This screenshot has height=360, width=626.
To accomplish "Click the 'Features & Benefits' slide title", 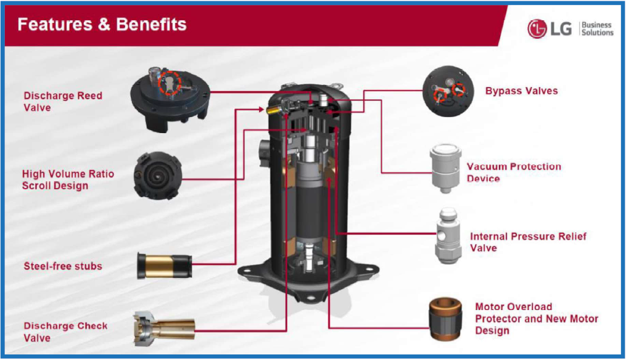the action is point(102,24).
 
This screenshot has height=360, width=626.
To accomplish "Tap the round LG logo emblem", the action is point(537,29).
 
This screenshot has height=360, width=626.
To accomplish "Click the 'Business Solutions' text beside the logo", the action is point(597,29).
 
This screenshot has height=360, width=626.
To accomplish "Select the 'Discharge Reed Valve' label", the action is point(63,101).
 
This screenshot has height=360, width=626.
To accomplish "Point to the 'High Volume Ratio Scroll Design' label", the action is point(68,179).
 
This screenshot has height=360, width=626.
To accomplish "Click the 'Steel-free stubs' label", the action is point(63,266).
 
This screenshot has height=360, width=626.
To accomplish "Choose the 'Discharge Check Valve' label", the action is point(65,332).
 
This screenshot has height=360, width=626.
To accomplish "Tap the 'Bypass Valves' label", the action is point(521,91).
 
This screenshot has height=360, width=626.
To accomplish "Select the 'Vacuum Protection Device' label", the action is point(514,173).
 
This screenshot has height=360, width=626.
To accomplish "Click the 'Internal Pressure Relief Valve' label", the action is point(528,242).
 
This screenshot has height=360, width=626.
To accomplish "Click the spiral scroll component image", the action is point(158,176).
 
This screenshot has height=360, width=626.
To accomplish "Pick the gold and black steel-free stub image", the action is point(165,266).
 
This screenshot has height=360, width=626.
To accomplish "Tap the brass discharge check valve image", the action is point(163,329).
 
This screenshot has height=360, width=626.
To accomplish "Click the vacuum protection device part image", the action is point(445,168).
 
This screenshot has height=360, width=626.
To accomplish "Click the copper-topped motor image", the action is point(445,319).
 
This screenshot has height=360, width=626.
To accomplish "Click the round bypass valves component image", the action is point(448,91).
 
